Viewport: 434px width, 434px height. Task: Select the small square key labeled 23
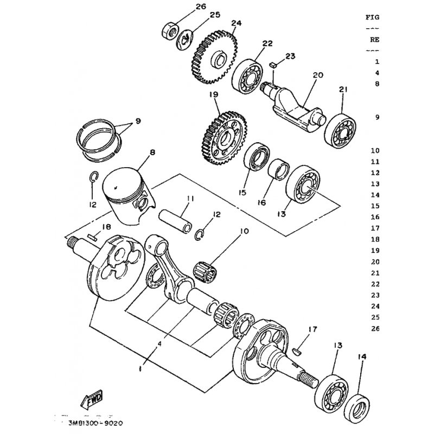click(x=273, y=65)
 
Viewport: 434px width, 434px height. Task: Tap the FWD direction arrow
click(x=92, y=400)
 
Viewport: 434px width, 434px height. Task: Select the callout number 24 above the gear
click(x=237, y=23)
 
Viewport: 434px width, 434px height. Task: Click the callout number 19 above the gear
click(x=214, y=94)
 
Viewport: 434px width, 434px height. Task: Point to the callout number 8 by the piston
click(x=152, y=152)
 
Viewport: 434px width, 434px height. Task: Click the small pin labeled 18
click(x=92, y=237)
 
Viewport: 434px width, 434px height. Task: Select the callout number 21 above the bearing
click(x=343, y=90)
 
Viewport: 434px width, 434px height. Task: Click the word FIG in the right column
click(x=373, y=17)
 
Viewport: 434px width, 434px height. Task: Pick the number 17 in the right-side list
click(x=375, y=228)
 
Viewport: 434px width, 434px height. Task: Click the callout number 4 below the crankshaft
click(x=159, y=343)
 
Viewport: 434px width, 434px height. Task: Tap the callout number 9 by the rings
click(x=138, y=120)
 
